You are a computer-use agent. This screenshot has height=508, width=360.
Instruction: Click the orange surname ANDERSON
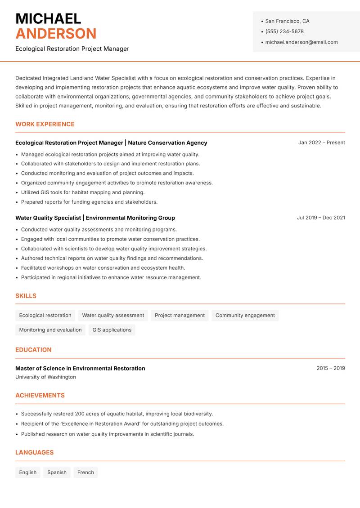(x=56, y=34)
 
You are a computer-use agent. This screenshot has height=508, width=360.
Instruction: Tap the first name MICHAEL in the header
(x=48, y=19)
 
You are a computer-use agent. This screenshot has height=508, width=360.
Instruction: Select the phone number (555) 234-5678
(x=284, y=31)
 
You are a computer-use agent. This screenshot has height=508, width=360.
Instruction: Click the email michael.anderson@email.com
(x=301, y=42)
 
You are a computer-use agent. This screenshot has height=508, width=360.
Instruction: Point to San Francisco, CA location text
(x=287, y=21)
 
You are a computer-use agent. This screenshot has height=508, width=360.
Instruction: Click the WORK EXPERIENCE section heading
(x=45, y=124)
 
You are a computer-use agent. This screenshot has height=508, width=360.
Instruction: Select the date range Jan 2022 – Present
(x=321, y=143)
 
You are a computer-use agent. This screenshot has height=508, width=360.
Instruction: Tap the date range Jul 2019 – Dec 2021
(x=321, y=218)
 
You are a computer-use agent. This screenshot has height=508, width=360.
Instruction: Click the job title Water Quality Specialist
(x=48, y=218)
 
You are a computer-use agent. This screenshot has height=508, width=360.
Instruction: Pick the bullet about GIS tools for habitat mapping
(x=83, y=192)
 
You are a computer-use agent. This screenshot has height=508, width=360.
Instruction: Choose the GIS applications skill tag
(x=112, y=330)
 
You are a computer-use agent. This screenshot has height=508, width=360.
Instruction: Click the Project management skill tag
(x=180, y=316)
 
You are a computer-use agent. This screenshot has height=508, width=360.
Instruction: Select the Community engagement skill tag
(x=245, y=316)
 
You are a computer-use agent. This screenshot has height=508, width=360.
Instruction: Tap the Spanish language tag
(x=57, y=472)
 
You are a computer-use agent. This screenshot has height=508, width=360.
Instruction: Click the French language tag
(x=85, y=472)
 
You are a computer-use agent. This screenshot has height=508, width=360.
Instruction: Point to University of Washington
(x=45, y=377)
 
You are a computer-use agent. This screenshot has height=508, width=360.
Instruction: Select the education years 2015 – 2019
(x=330, y=368)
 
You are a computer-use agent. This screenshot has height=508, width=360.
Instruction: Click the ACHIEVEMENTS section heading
(x=40, y=396)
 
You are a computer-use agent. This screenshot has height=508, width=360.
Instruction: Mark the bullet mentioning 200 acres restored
(x=117, y=414)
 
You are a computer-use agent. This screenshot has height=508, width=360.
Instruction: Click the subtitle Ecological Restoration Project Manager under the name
(x=72, y=49)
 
